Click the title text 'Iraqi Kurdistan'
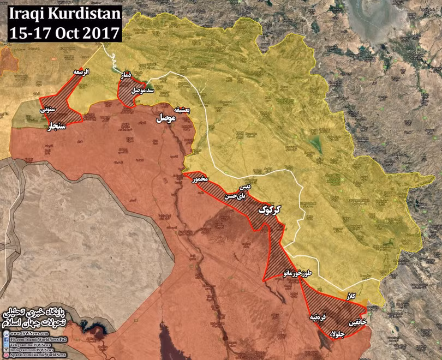click(x=61, y=14)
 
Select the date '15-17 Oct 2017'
click(x=61, y=32)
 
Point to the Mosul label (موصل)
click(x=166, y=118)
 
